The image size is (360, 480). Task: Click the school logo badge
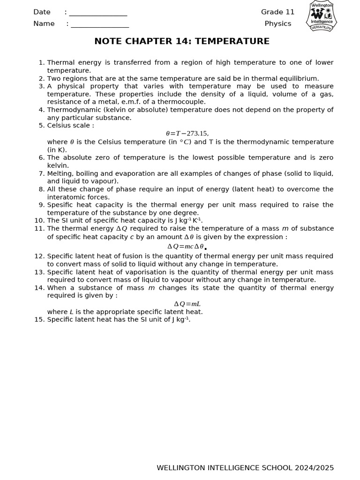[x=322, y=16]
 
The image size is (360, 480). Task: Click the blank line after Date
[x=98, y=13]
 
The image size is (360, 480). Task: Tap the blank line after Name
[x=100, y=24]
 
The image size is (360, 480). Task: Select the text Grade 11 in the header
[x=277, y=12]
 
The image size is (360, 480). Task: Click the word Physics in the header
[x=277, y=23]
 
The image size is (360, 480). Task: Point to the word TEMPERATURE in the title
[x=232, y=41]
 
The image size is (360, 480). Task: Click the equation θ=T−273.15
[x=187, y=134]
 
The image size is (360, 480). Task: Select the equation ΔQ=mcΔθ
[x=186, y=247]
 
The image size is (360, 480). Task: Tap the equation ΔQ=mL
[x=187, y=304]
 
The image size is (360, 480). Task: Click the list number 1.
[x=41, y=62]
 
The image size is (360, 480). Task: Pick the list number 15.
[x=39, y=320]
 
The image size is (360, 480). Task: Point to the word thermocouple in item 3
[x=181, y=102]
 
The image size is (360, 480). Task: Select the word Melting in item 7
[x=60, y=173]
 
